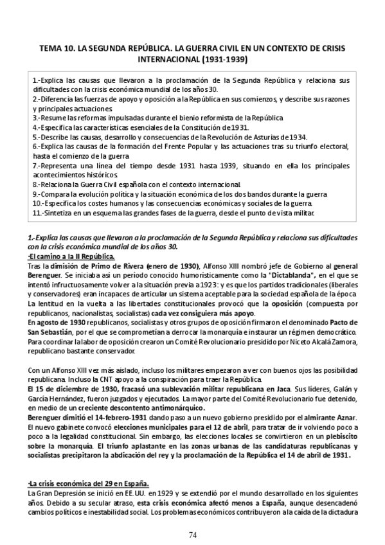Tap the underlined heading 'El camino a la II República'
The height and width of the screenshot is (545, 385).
[72, 257]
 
